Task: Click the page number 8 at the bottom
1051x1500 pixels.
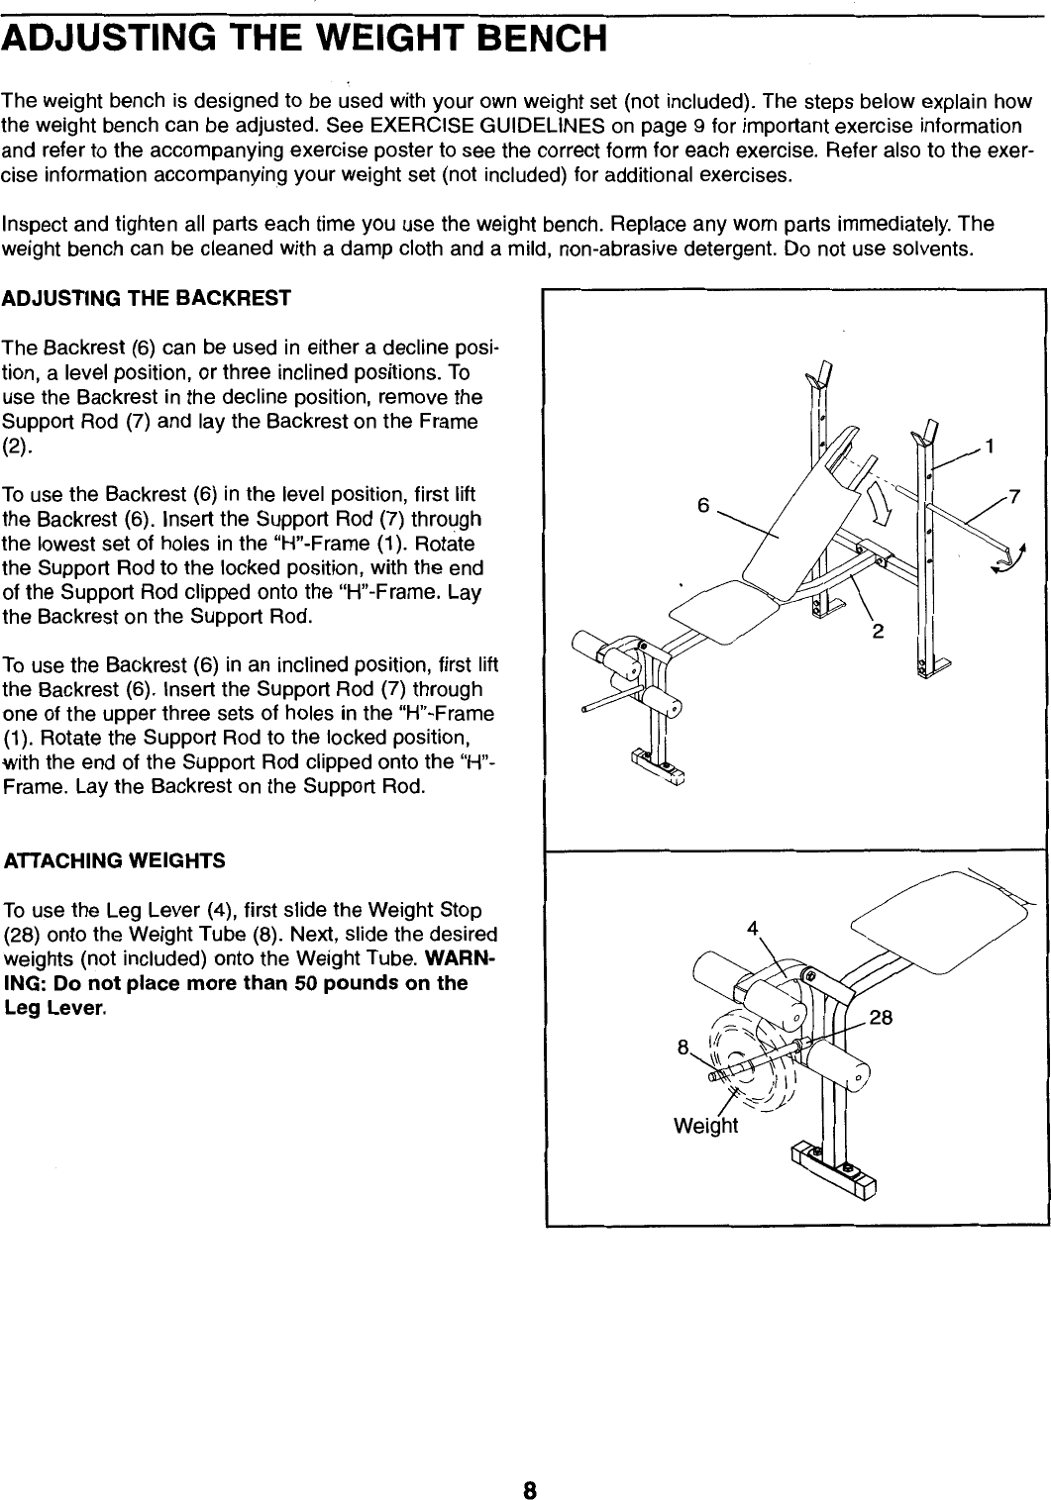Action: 530,1463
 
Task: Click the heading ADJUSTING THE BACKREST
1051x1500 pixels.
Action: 148,297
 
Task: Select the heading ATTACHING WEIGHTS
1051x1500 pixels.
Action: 115,860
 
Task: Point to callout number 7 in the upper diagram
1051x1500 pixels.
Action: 1012,494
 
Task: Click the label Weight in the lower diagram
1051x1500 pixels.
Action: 705,1126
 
